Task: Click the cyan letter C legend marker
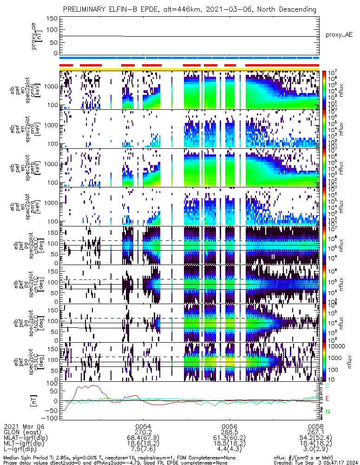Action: [x=328, y=386]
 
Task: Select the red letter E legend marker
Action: [x=328, y=399]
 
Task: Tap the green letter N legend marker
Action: [x=328, y=412]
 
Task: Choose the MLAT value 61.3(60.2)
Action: [x=229, y=438]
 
